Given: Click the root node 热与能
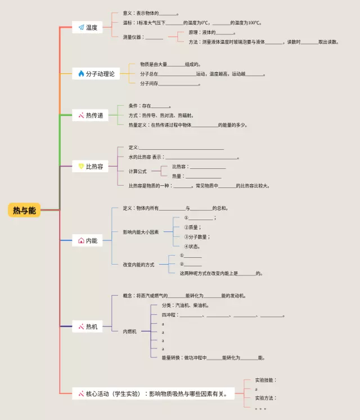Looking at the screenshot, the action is click(x=24, y=210).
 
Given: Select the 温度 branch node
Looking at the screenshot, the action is click(x=88, y=27).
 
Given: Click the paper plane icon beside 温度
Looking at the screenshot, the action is click(x=81, y=27).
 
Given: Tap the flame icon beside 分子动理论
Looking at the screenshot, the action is click(x=81, y=74).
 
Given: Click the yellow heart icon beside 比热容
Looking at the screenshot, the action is click(x=81, y=166).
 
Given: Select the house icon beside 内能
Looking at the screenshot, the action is click(x=81, y=240).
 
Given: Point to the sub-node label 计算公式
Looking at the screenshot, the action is click(x=137, y=171).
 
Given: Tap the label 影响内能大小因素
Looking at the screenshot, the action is click(x=141, y=232).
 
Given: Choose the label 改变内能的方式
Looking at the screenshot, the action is click(x=138, y=264).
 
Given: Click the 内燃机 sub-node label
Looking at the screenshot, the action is click(x=129, y=332).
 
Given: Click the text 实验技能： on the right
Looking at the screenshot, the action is click(x=265, y=380).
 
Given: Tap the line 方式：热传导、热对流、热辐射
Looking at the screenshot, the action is click(x=160, y=115).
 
